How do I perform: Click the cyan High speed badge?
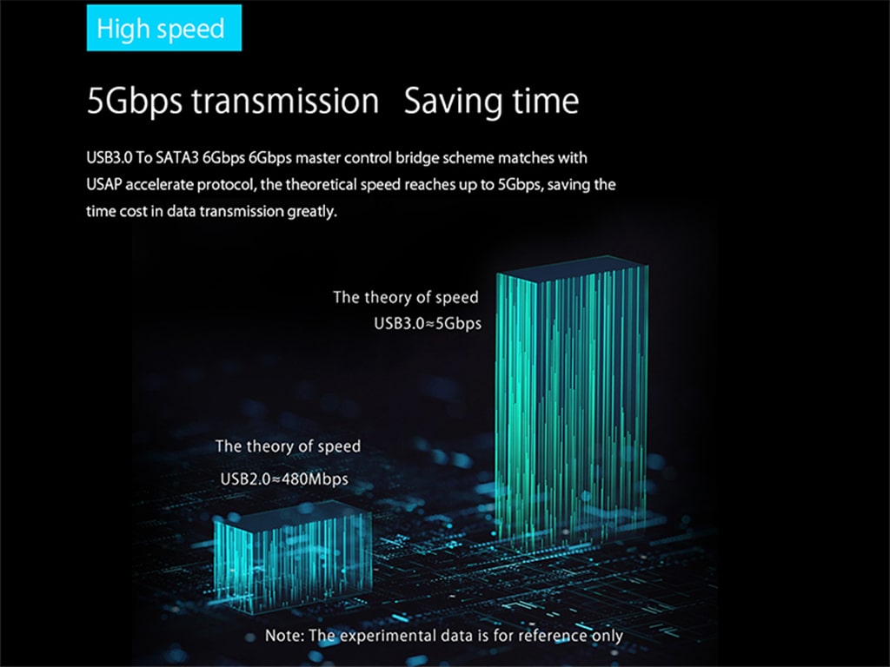click(x=164, y=28)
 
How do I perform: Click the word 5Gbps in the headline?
click(x=135, y=102)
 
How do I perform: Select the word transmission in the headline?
click(x=285, y=101)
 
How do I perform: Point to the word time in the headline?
click(x=546, y=101)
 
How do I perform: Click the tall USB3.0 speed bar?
click(x=572, y=404)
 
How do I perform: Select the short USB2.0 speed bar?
click(x=293, y=557)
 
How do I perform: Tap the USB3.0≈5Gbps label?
click(x=428, y=323)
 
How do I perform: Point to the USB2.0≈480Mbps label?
click(x=284, y=479)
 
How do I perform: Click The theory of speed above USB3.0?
click(x=406, y=297)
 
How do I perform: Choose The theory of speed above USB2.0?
click(x=288, y=446)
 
